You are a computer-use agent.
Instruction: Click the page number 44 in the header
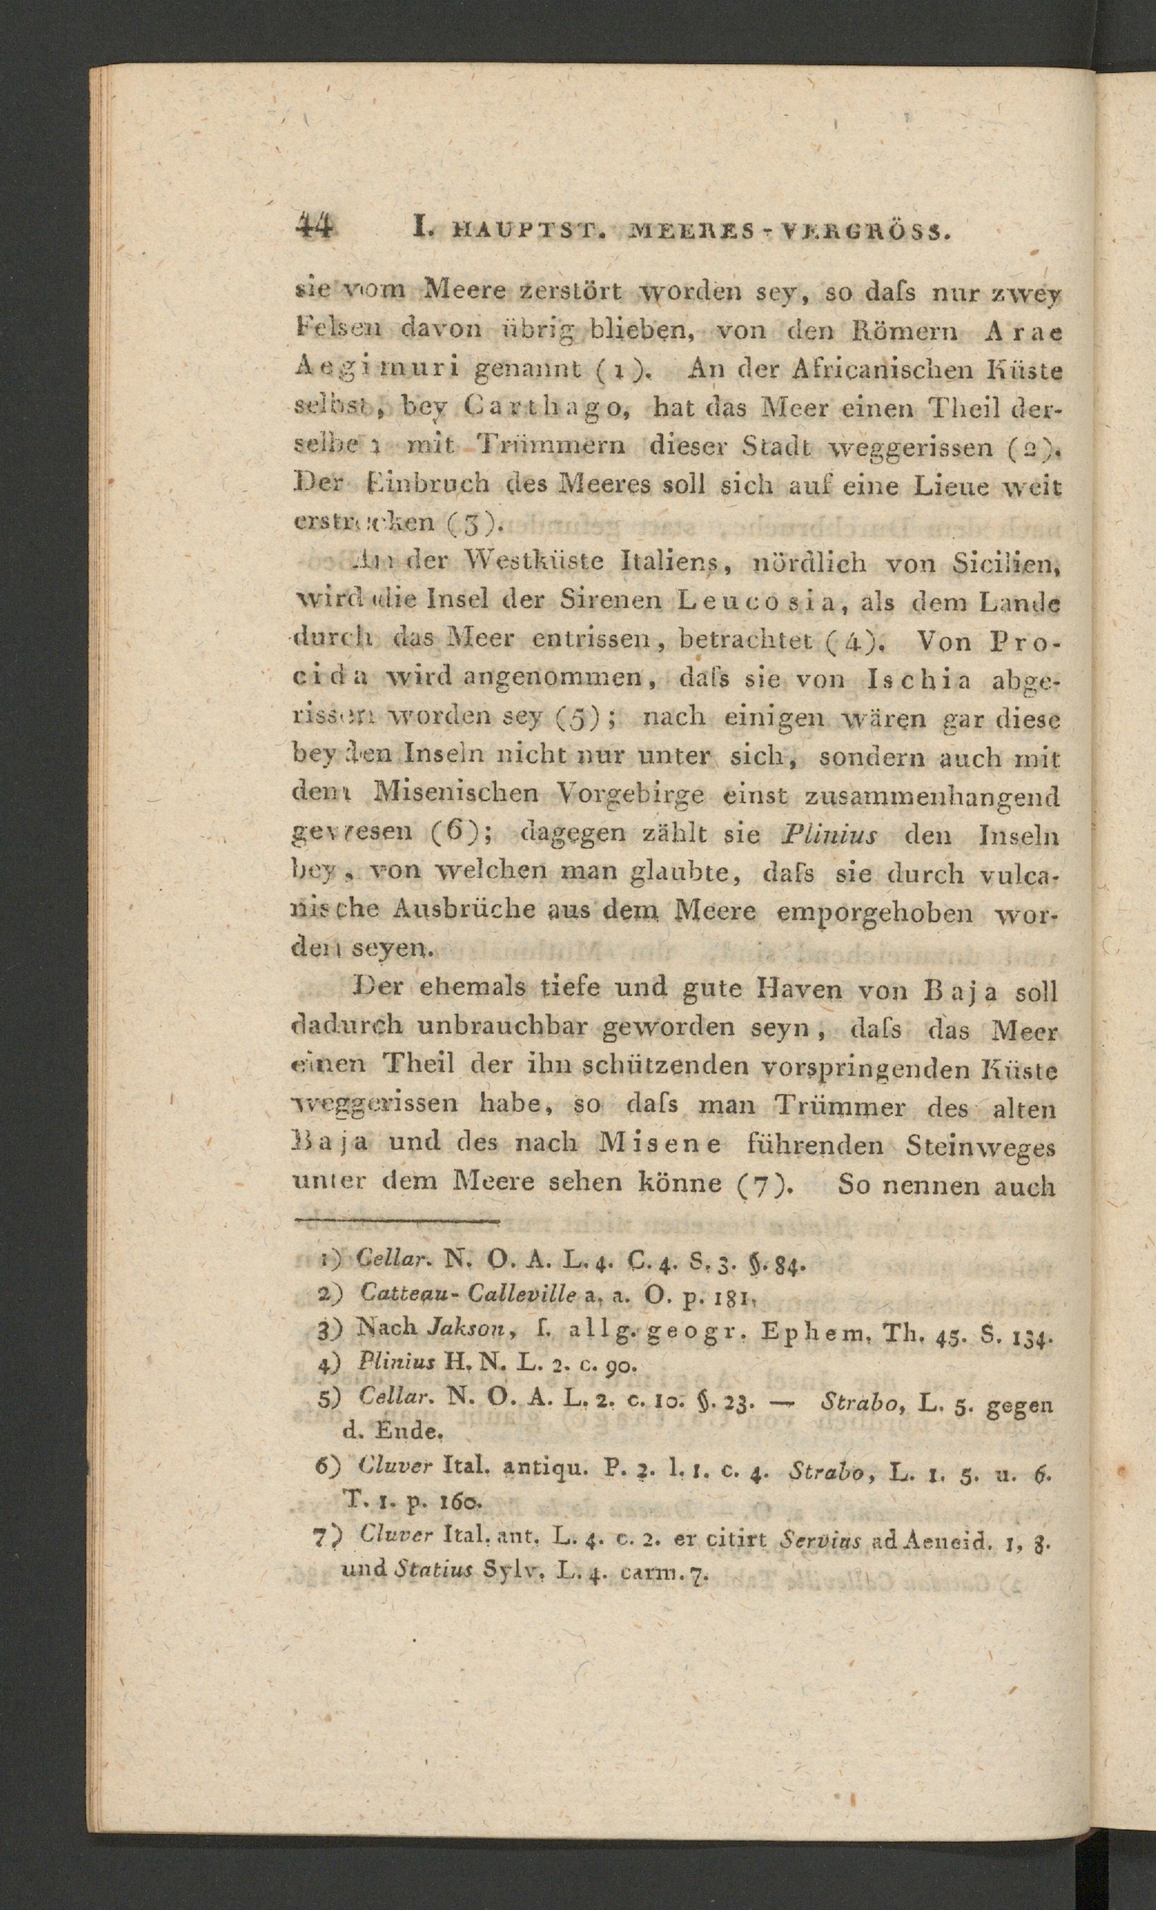pos(315,229)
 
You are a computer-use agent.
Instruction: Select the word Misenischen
pos(458,795)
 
